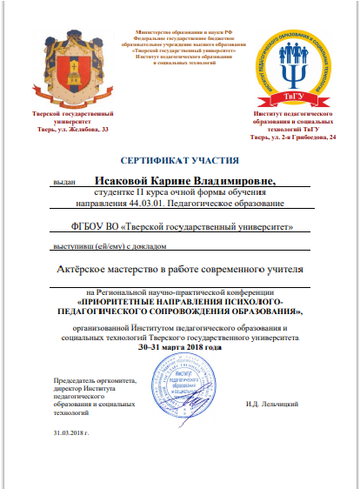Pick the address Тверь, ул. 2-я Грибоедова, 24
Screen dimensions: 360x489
(x=292, y=137)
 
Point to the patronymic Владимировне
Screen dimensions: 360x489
(x=234, y=181)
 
